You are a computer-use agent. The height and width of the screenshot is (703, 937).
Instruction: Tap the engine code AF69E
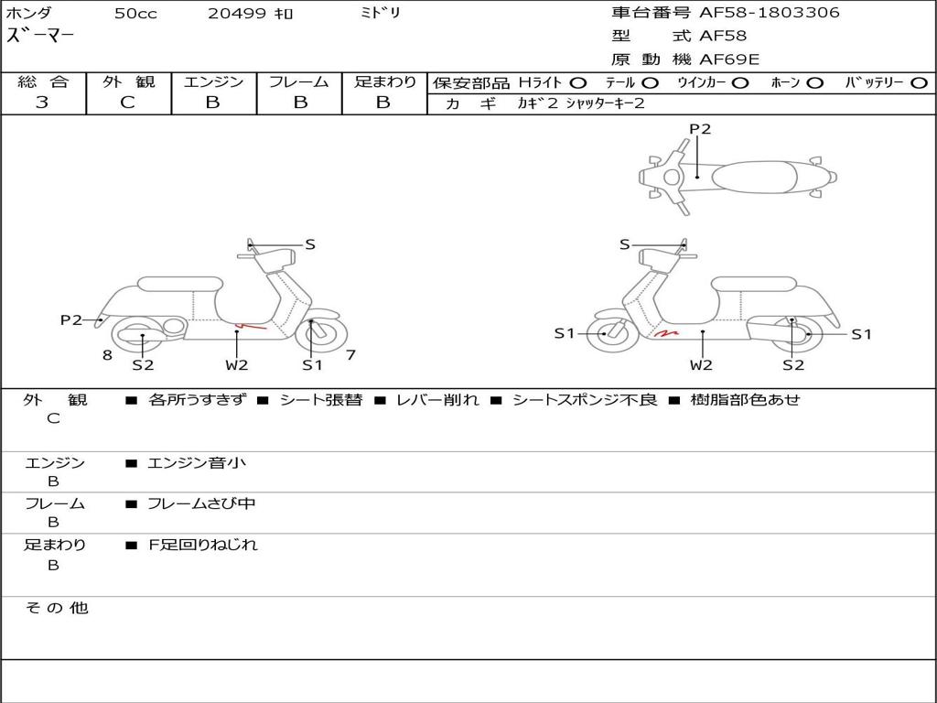[x=729, y=60]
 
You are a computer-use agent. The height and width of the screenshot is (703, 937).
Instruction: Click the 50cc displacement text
[x=135, y=14]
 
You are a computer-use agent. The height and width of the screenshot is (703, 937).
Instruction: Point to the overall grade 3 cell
[x=42, y=103]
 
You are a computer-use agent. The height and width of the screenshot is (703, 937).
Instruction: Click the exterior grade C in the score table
[x=127, y=103]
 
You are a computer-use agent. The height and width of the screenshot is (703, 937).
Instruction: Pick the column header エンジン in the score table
[x=213, y=82]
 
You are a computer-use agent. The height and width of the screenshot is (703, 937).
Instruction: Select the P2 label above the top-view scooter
[x=700, y=129]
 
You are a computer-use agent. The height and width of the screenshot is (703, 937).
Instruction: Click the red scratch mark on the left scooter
[x=252, y=325]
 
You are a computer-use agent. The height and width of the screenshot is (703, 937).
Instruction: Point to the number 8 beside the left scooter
[x=107, y=355]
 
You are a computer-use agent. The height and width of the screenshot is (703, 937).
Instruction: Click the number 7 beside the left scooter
[x=350, y=354]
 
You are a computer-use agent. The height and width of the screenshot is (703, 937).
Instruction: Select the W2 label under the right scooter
[x=701, y=365]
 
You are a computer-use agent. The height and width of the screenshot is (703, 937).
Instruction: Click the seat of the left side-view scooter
[x=178, y=283]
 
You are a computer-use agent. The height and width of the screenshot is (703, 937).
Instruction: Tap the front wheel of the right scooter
[x=606, y=333]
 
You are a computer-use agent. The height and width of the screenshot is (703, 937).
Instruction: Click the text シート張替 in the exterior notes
[x=320, y=400]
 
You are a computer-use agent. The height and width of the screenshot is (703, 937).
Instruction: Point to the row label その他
[x=56, y=608]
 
